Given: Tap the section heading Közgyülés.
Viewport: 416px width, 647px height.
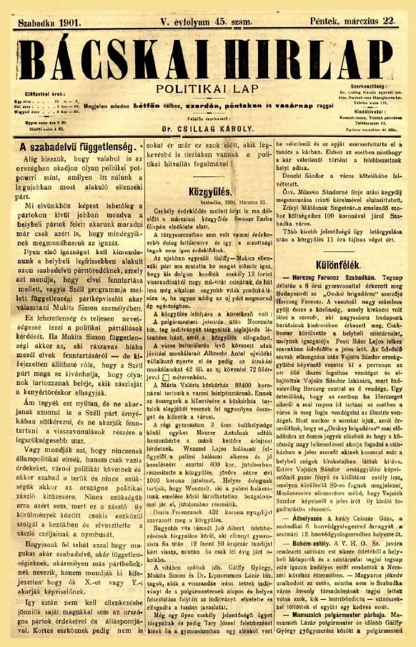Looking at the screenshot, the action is (209, 172).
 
